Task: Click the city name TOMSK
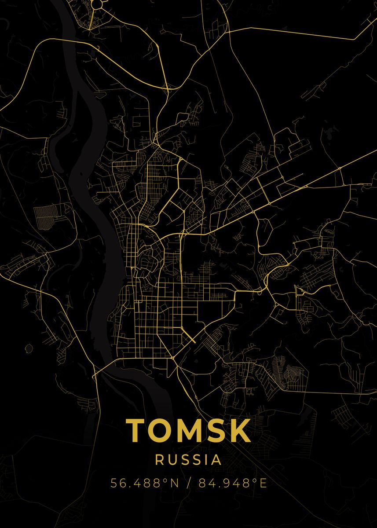click(x=188, y=430)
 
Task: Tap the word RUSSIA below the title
click(x=188, y=460)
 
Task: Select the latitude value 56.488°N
click(x=144, y=483)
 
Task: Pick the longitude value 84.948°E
click(x=233, y=483)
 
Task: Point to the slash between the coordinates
click(x=189, y=483)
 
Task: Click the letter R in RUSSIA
click(x=160, y=460)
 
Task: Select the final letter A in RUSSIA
click(x=216, y=460)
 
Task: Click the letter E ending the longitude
click(x=263, y=483)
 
